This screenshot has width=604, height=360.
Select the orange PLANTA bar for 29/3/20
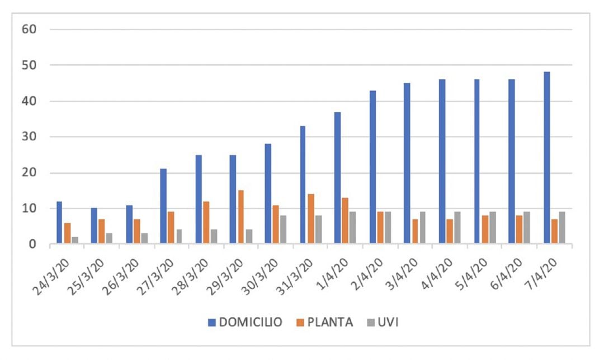click(240, 217)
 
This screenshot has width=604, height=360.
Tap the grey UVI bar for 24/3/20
click(75, 240)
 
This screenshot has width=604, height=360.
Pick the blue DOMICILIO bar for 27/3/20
click(163, 206)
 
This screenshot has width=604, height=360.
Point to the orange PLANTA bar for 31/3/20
click(310, 219)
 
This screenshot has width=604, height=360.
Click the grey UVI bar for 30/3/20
click(283, 229)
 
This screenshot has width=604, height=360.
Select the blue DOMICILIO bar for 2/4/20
click(373, 167)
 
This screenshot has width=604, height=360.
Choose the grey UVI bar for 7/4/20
click(562, 228)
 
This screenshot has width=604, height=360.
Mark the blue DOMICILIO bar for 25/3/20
click(94, 226)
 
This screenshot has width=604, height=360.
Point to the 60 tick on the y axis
click(29, 29)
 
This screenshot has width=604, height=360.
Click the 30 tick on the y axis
click(29, 137)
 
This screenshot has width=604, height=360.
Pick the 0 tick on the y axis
click(32, 244)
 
